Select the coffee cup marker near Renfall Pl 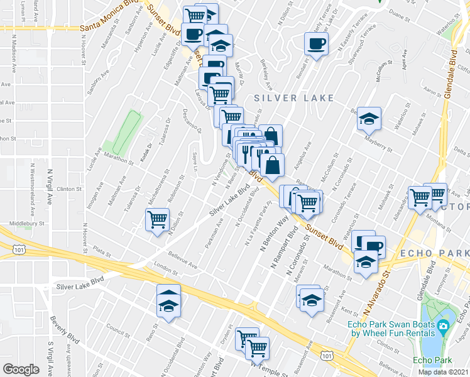(315, 44)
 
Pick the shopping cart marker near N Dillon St (157, 221)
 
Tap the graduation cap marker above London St (168, 301)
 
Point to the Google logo (21, 369)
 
